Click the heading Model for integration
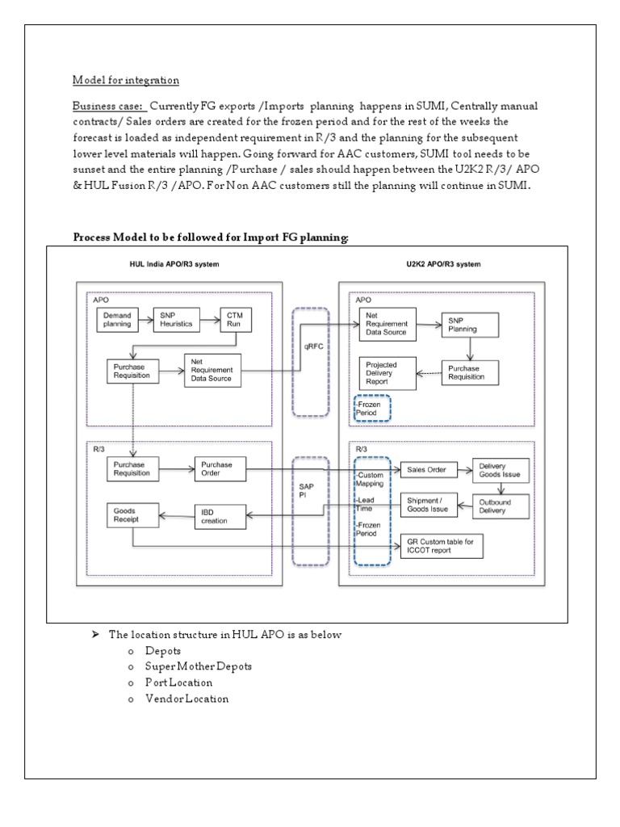click(126, 81)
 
